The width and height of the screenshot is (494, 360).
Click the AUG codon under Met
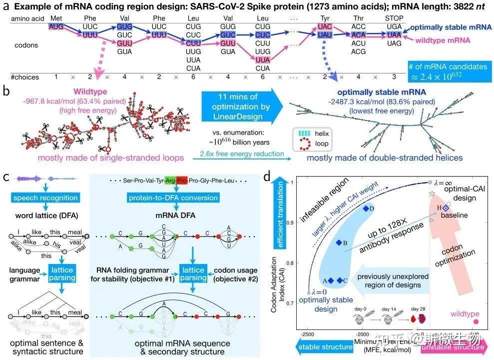tap(56, 26)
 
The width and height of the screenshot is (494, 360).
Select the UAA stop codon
tap(394, 35)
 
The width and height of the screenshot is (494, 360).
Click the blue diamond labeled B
tap(339, 242)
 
